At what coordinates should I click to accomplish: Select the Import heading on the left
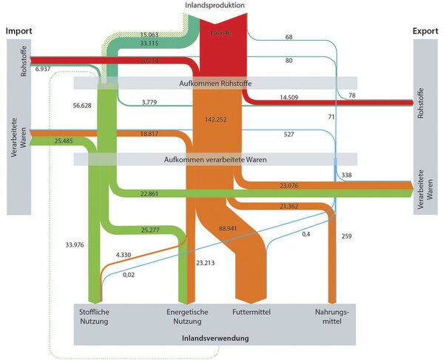pos(21,31)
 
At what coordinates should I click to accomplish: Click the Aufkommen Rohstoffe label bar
pos(215,82)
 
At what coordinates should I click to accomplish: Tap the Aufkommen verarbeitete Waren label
pos(215,159)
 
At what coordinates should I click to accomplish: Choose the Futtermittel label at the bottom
pos(251,313)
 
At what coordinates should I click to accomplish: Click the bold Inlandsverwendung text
pos(215,338)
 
